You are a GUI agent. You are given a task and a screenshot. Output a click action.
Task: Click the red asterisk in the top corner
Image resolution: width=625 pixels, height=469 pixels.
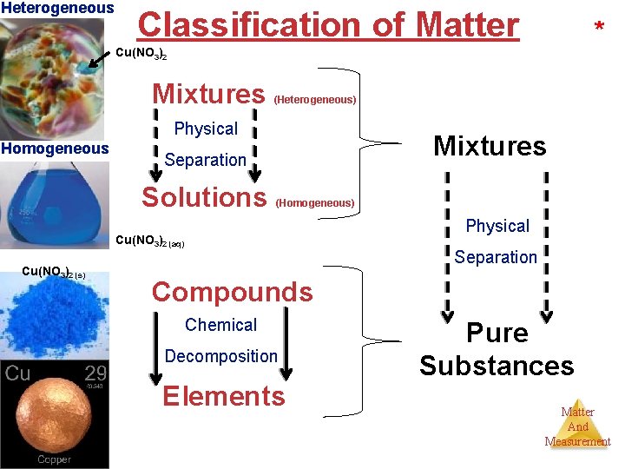point(599,29)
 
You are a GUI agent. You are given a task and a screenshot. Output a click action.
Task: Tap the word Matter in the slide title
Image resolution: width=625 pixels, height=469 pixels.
point(467,24)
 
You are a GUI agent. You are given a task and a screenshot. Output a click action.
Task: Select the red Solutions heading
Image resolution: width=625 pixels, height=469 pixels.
point(204,197)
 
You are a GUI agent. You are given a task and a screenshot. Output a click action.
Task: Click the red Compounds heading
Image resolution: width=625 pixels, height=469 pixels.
point(232,292)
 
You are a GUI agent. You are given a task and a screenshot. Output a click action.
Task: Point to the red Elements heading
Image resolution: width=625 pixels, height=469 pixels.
point(224,396)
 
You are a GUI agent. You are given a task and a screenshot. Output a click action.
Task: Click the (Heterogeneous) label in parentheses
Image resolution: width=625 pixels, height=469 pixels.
point(315,100)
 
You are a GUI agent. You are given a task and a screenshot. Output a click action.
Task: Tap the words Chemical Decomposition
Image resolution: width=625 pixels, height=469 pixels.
point(221,340)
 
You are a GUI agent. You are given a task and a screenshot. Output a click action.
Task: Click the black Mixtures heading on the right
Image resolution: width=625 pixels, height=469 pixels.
point(490,146)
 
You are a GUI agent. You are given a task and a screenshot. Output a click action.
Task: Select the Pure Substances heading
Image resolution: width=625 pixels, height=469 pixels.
point(497,349)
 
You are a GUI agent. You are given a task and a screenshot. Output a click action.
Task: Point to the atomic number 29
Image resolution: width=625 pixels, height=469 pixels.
point(95,375)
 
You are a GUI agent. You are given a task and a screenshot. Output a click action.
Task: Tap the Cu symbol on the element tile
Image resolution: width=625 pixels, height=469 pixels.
point(18,375)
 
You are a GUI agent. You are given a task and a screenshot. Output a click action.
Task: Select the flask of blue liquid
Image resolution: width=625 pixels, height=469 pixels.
point(54,204)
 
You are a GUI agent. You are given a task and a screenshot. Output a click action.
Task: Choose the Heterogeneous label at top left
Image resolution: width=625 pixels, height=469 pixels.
point(57,8)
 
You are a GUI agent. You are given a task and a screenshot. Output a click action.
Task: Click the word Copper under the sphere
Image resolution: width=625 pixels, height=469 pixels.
point(54,459)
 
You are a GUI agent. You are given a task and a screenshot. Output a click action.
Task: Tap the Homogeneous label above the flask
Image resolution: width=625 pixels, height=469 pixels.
point(55,149)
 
